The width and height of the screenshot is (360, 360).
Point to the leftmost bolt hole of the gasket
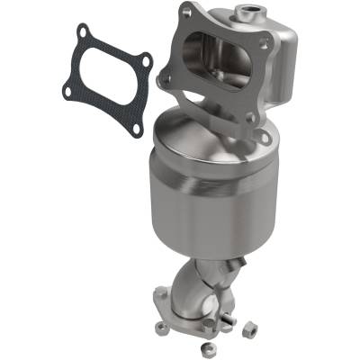(x=68, y=88)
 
